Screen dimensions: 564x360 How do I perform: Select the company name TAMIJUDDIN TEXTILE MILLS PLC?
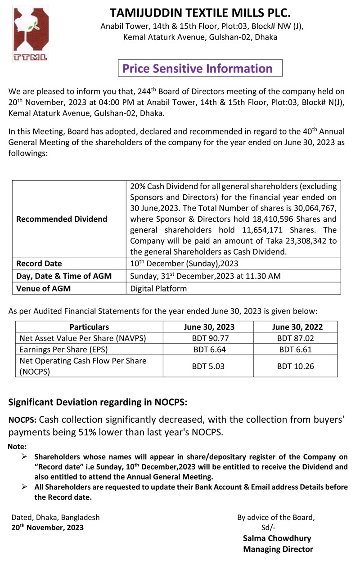click(200, 12)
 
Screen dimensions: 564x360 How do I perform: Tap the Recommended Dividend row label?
click(62, 219)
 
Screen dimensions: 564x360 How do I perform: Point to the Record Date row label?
click(39, 264)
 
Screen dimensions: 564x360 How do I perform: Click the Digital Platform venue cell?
click(158, 289)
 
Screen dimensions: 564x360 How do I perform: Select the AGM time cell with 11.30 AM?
click(205, 276)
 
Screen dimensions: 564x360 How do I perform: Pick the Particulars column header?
click(89, 327)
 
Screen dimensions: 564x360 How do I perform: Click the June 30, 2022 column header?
click(296, 327)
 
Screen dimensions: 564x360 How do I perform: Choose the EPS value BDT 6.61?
click(295, 349)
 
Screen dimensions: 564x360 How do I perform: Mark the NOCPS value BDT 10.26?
click(295, 366)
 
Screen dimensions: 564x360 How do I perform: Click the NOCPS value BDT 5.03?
click(208, 366)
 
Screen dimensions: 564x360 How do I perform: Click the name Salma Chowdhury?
click(277, 538)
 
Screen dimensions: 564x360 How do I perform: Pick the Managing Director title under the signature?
click(278, 549)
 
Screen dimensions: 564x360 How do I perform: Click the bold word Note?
click(18, 447)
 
